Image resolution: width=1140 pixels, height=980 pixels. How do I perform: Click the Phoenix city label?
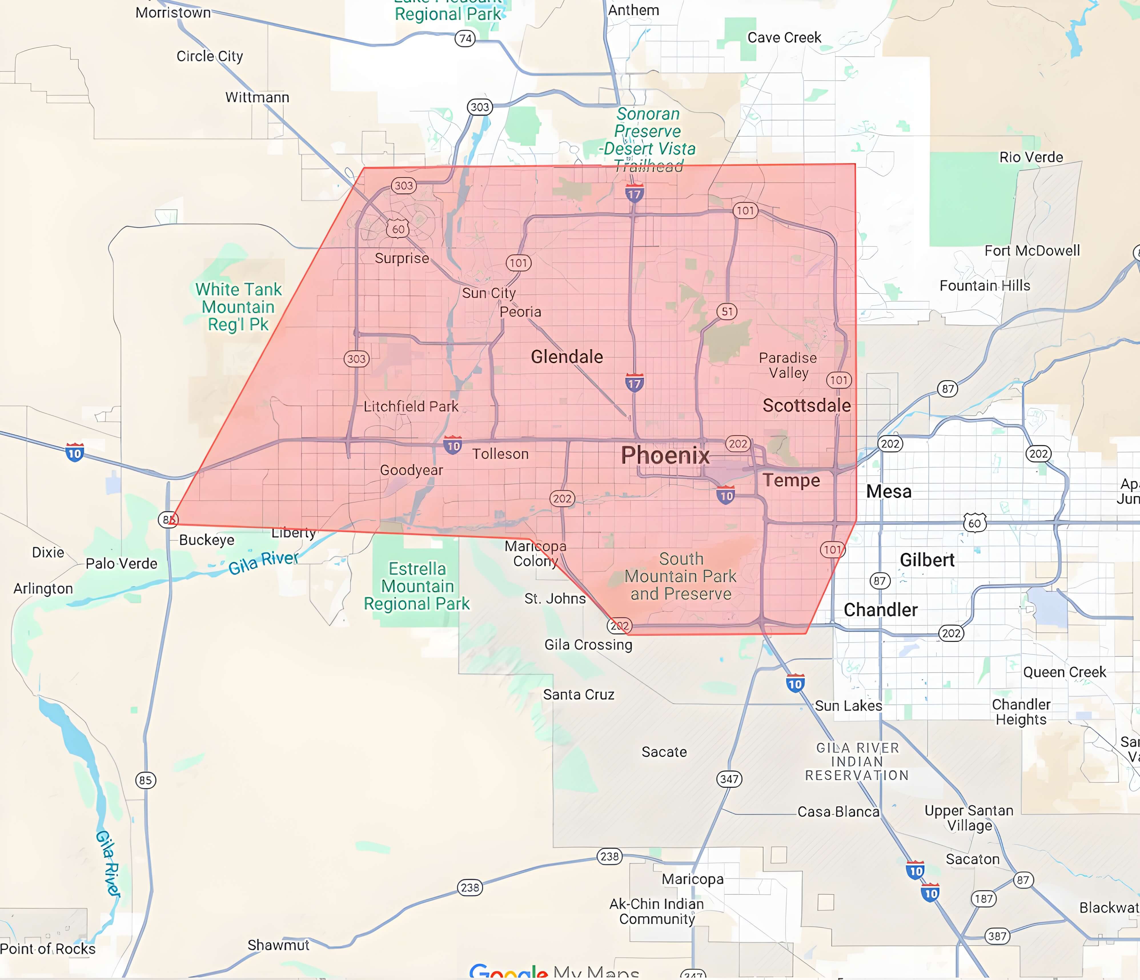(665, 455)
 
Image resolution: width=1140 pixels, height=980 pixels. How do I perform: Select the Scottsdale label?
(806, 405)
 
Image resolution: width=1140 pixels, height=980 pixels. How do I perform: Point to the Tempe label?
(791, 480)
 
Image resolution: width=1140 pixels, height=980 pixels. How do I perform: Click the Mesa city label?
(889, 491)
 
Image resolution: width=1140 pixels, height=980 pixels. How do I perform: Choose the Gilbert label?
(927, 560)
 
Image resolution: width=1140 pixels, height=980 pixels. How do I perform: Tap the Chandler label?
(880, 610)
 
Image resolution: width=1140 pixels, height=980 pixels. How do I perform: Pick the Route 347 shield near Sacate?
(729, 779)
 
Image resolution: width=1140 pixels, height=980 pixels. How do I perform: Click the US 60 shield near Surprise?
(398, 229)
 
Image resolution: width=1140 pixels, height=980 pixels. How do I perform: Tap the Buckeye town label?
(207, 540)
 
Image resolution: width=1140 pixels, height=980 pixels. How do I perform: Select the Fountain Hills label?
(985, 286)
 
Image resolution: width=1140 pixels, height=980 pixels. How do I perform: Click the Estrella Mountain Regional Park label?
(417, 586)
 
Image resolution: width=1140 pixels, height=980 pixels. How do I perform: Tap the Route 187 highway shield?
(984, 899)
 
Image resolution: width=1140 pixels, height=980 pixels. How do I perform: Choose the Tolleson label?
(500, 454)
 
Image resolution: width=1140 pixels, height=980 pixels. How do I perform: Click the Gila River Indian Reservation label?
(857, 762)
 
